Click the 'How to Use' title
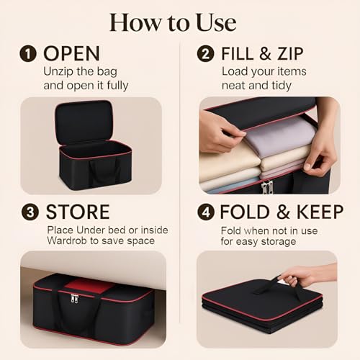[173, 22]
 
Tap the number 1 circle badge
[28, 54]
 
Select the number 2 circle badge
[205, 54]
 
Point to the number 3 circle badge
[30, 212]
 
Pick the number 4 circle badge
[206, 212]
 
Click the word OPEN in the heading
[71, 54]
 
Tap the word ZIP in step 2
[291, 54]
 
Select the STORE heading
[78, 212]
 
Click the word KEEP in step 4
[320, 212]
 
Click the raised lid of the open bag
[84, 122]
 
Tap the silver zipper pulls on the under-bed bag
[75, 298]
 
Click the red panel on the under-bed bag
[89, 286]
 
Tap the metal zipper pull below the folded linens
[267, 186]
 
